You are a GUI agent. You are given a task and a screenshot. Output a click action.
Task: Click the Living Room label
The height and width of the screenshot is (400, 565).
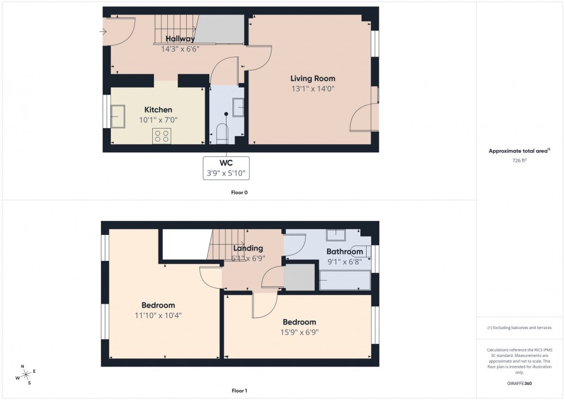click(x=312, y=78)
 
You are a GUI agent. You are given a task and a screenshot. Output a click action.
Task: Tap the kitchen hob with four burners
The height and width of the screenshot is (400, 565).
click(x=162, y=136)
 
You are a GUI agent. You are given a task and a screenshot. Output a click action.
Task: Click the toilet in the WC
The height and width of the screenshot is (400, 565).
click(x=222, y=133)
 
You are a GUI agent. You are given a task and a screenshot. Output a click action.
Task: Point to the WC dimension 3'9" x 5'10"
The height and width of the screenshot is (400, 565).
click(x=226, y=173)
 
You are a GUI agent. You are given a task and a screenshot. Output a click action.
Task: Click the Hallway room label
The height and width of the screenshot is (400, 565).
click(x=180, y=39)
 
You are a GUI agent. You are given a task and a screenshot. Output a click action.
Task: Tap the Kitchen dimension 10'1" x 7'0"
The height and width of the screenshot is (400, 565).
click(x=158, y=120)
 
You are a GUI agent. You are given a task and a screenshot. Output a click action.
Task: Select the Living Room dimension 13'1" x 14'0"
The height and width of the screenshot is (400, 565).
click(x=312, y=89)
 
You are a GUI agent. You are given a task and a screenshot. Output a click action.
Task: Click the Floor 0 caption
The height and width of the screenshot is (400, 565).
click(x=239, y=192)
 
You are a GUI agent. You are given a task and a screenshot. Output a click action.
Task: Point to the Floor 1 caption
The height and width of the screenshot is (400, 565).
click(x=239, y=391)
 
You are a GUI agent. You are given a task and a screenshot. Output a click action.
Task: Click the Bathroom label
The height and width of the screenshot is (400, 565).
click(x=345, y=252)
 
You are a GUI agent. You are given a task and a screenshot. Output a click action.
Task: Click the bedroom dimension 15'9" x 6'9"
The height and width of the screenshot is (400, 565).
click(x=299, y=332)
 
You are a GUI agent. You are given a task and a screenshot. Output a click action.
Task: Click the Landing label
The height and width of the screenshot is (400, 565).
click(x=248, y=249)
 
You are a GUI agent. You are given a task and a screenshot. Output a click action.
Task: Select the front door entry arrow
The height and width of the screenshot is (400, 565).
click(x=103, y=32)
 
